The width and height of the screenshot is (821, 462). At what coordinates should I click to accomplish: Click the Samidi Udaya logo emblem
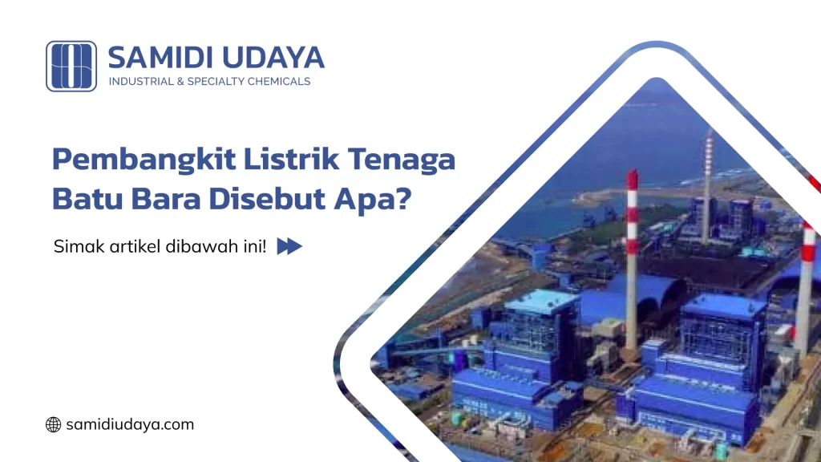coord(71,66)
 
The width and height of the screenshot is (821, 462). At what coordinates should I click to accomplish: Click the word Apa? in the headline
coord(370,197)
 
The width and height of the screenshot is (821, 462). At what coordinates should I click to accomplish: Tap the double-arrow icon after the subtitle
coord(289,246)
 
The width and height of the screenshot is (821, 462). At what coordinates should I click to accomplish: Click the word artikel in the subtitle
coord(131,246)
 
